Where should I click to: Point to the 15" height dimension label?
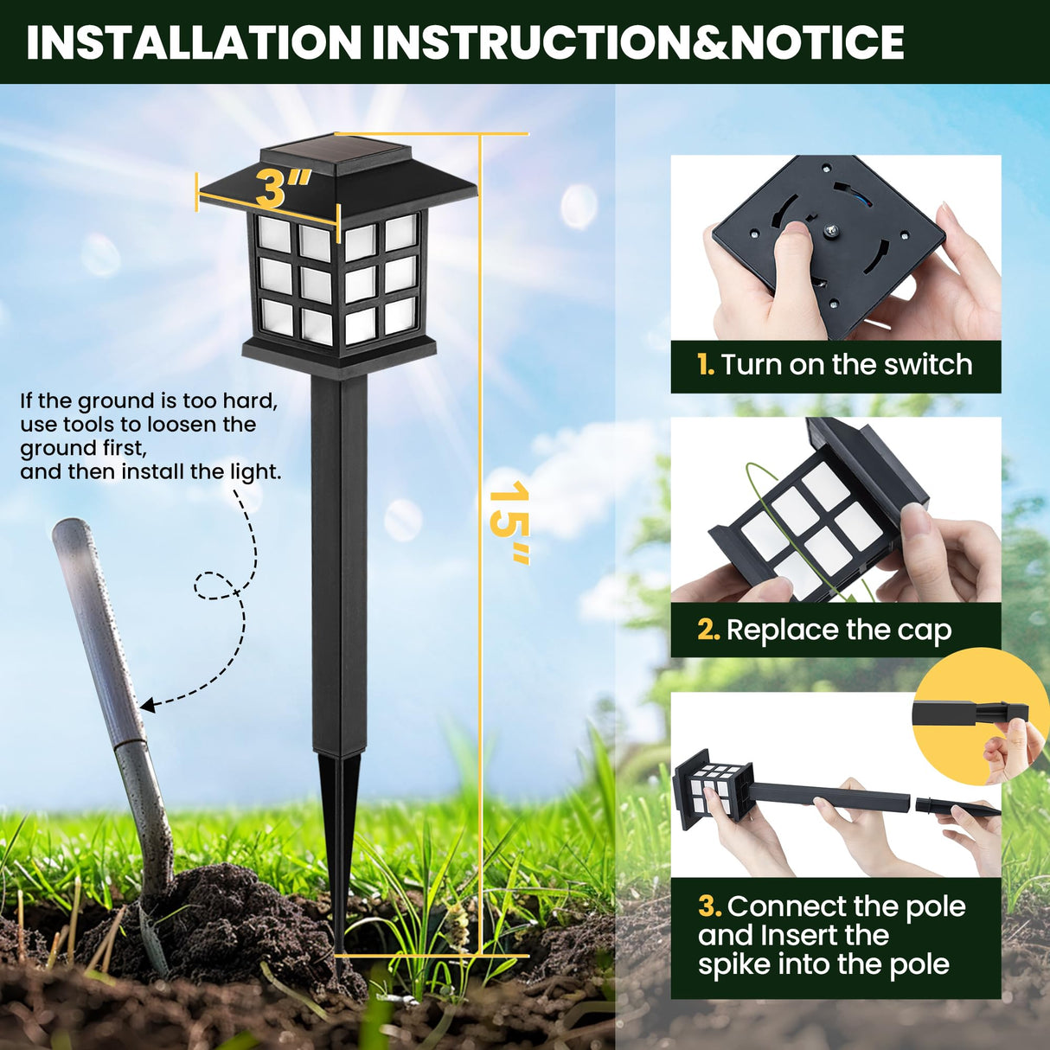coord(509,522)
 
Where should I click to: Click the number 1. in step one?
coord(706,365)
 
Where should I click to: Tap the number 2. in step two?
coord(708,631)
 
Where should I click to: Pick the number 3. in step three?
coord(709,906)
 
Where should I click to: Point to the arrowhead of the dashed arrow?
coord(147,706)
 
